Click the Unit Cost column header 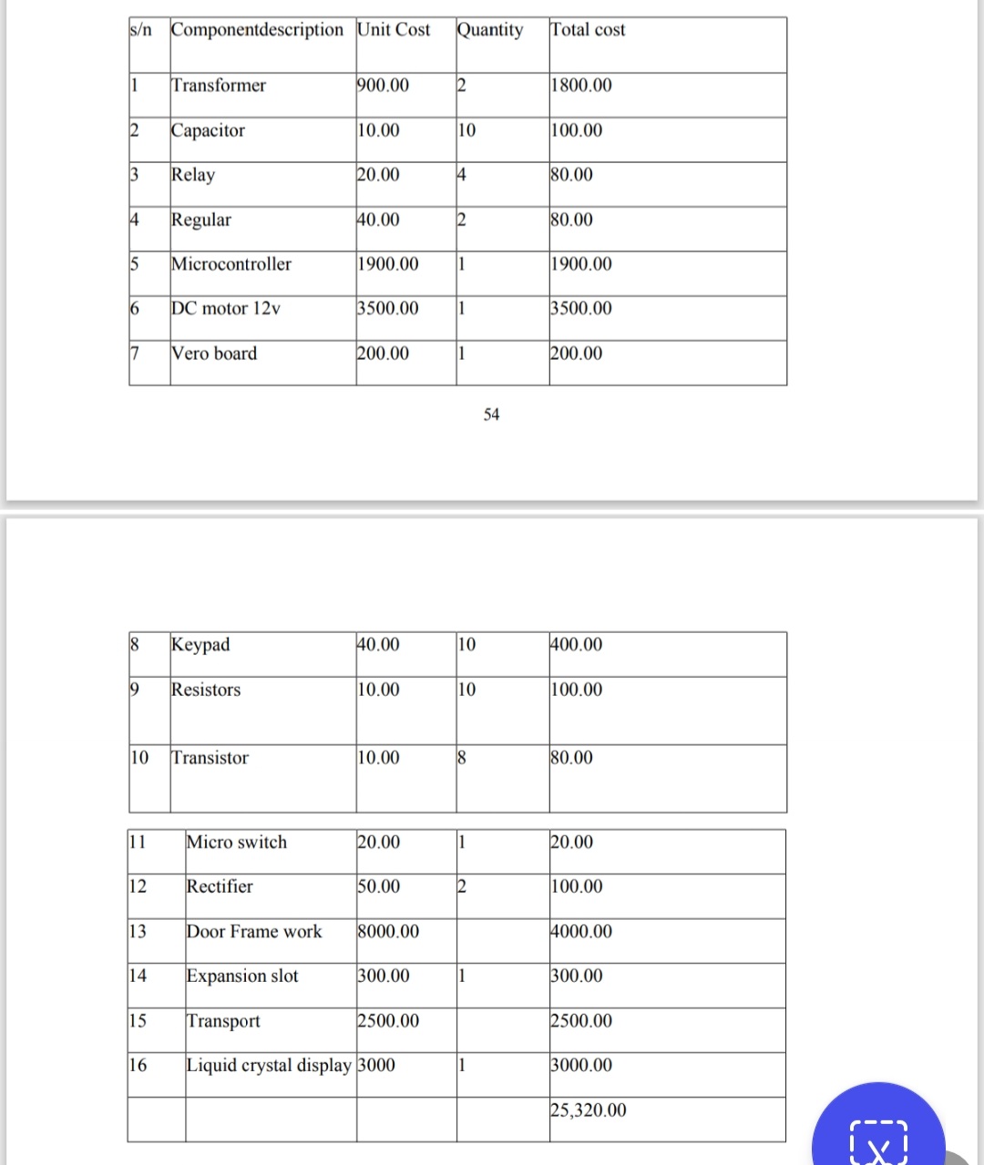[x=394, y=30]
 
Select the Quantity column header [x=490, y=30]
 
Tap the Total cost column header [x=589, y=30]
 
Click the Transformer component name [x=219, y=86]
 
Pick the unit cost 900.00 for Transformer [x=383, y=86]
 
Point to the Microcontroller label [x=231, y=264]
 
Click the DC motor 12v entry [x=226, y=309]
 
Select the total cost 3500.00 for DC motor [x=581, y=309]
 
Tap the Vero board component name [x=215, y=353]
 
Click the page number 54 [x=492, y=415]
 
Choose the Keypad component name [x=200, y=645]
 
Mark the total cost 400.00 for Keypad [x=577, y=645]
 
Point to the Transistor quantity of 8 [x=462, y=758]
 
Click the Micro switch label [x=237, y=843]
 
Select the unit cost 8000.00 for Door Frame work [x=388, y=932]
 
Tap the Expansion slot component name [x=242, y=976]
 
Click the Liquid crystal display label [x=269, y=1066]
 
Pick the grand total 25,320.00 [x=589, y=1110]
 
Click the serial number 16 [x=138, y=1066]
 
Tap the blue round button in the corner [x=878, y=1134]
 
